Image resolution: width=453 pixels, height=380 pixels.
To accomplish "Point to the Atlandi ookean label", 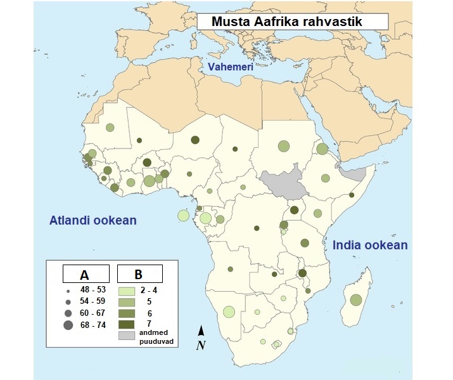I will pos(93,221).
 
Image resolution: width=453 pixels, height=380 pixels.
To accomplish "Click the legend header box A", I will pos(84,274).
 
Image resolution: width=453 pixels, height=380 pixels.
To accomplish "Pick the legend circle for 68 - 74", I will pos(67,325).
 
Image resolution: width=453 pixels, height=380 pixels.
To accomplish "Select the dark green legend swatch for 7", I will pos(127,324).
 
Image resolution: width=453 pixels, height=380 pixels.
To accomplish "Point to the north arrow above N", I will pos(201,330).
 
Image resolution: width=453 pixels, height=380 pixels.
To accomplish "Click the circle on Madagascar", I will pos(355,299).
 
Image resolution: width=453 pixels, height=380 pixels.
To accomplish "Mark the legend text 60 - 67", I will pos(93,313).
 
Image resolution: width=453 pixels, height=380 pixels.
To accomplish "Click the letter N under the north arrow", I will pos(201,345).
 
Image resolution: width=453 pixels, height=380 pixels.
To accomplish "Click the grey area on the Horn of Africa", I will pos(352,171).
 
